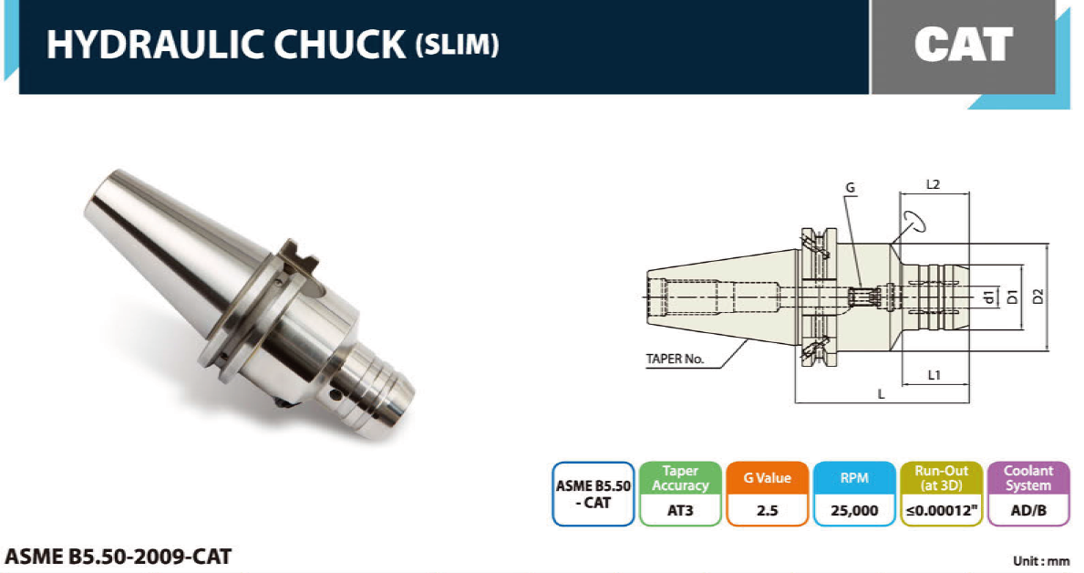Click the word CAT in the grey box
coord(963,45)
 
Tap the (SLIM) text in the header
coord(457,45)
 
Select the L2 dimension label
coord(933,184)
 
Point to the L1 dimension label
coord(934,375)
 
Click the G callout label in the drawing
coord(851,187)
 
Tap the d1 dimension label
coord(989,297)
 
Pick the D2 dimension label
coord(1037,297)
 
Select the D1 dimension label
coord(1013,297)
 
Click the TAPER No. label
coord(675,359)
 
